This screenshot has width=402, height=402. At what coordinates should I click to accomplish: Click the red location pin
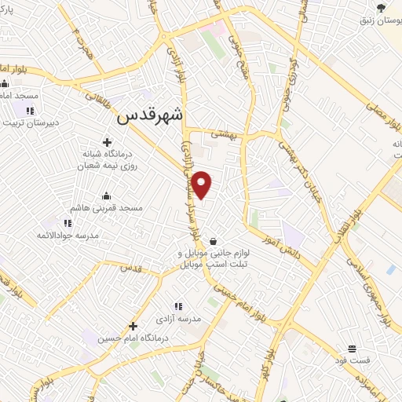pyautogui.click(x=203, y=185)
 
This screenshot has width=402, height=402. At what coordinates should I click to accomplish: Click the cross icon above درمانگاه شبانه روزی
pyautogui.click(x=107, y=143)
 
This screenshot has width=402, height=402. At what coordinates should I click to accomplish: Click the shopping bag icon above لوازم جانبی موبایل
pyautogui.click(x=214, y=241)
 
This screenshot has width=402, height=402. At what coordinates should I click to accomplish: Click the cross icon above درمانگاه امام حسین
pyautogui.click(x=133, y=326)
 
